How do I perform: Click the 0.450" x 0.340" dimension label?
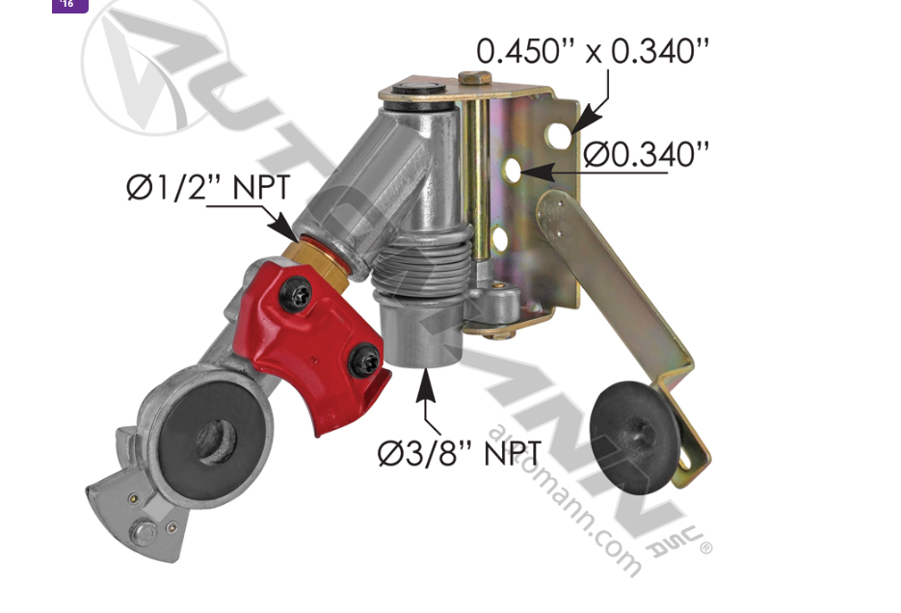pyautogui.click(x=593, y=50)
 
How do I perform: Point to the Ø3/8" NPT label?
pyautogui.click(x=460, y=452)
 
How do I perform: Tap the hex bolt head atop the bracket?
pyautogui.click(x=474, y=78)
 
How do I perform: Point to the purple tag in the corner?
pyautogui.click(x=68, y=5)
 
